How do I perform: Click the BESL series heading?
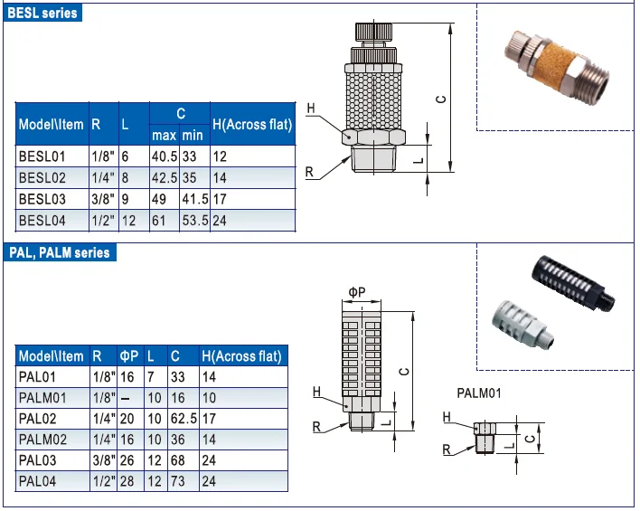[x=42, y=13]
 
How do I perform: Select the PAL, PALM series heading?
[x=60, y=253]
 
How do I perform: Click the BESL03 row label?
[x=42, y=199]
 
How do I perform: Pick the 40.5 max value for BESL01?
[x=165, y=156]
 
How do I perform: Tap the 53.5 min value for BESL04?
[x=195, y=221]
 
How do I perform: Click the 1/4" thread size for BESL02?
[x=103, y=177]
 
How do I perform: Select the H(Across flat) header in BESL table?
[x=252, y=125]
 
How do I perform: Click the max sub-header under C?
[x=165, y=135]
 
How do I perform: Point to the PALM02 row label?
[x=42, y=440]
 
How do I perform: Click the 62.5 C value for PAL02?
[x=184, y=419]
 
